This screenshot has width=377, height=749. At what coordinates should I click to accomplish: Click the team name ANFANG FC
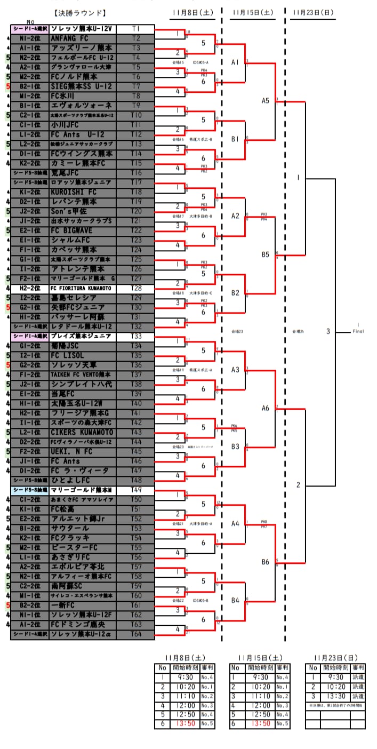pos(70,38)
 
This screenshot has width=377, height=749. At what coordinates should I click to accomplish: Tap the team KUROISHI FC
pos(74,192)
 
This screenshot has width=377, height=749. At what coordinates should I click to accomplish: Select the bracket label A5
pos(266,100)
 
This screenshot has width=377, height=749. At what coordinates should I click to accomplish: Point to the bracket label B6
pos(266,561)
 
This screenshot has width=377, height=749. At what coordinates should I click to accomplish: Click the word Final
pos(358,332)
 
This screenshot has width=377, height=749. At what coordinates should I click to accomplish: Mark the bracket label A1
pos(235,62)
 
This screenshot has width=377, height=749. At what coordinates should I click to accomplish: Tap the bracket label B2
pos(235,293)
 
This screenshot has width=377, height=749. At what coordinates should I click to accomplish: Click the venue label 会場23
pos(237,332)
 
